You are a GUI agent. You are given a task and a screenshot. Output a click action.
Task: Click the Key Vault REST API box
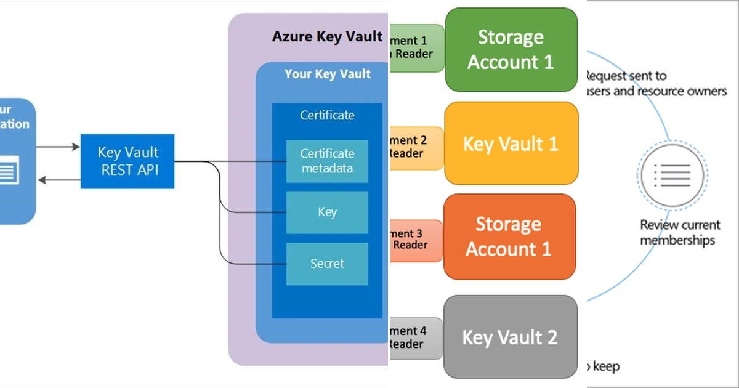coord(127,161)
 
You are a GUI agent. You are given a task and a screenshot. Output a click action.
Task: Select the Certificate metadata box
coord(327,161)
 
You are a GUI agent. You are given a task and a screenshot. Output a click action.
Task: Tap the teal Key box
coord(327,212)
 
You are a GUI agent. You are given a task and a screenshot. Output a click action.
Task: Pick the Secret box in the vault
coord(327,264)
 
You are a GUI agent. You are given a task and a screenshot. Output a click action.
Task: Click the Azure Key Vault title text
coord(327,36)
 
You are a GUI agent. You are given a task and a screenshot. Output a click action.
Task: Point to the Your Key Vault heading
coord(327,75)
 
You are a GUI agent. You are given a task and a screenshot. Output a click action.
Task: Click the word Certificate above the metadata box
coord(327,115)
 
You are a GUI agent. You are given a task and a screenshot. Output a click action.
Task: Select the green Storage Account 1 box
coord(511,49)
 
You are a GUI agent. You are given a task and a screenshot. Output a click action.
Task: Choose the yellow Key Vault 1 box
coord(511,143)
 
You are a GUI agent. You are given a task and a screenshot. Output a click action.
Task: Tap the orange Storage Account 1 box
coord(509,236)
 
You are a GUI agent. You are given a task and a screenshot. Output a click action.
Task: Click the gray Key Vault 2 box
coord(510,337)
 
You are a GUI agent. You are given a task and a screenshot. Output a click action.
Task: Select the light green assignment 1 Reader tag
coord(417,47)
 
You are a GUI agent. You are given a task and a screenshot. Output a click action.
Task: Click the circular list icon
coord(672,176)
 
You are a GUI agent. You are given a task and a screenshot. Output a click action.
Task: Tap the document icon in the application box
coord(7,170)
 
